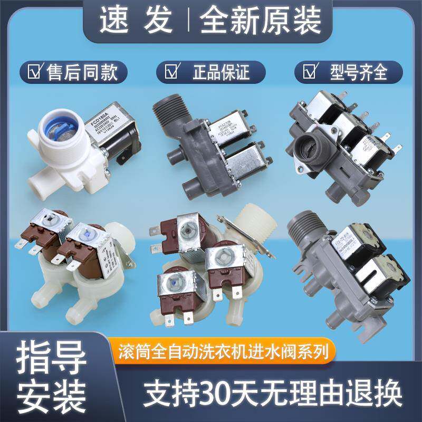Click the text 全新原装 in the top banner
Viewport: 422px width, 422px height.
[x=261, y=21]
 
